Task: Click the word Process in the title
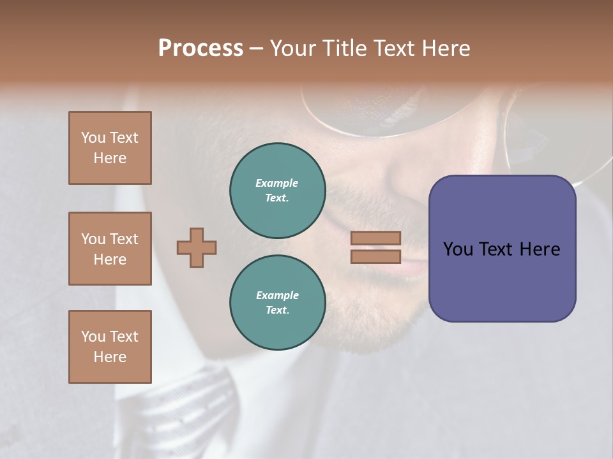click(201, 48)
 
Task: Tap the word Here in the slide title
click(443, 48)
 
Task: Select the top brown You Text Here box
click(110, 148)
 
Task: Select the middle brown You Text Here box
click(110, 249)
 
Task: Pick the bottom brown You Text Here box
click(110, 347)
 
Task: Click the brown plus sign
click(197, 247)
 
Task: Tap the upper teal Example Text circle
click(277, 191)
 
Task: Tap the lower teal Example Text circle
click(277, 303)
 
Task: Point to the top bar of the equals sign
click(376, 238)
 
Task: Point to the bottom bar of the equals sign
click(376, 257)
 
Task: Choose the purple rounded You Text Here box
click(502, 249)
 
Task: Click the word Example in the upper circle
click(277, 183)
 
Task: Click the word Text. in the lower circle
click(277, 310)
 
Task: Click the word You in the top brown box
click(93, 138)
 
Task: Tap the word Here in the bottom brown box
click(110, 357)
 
